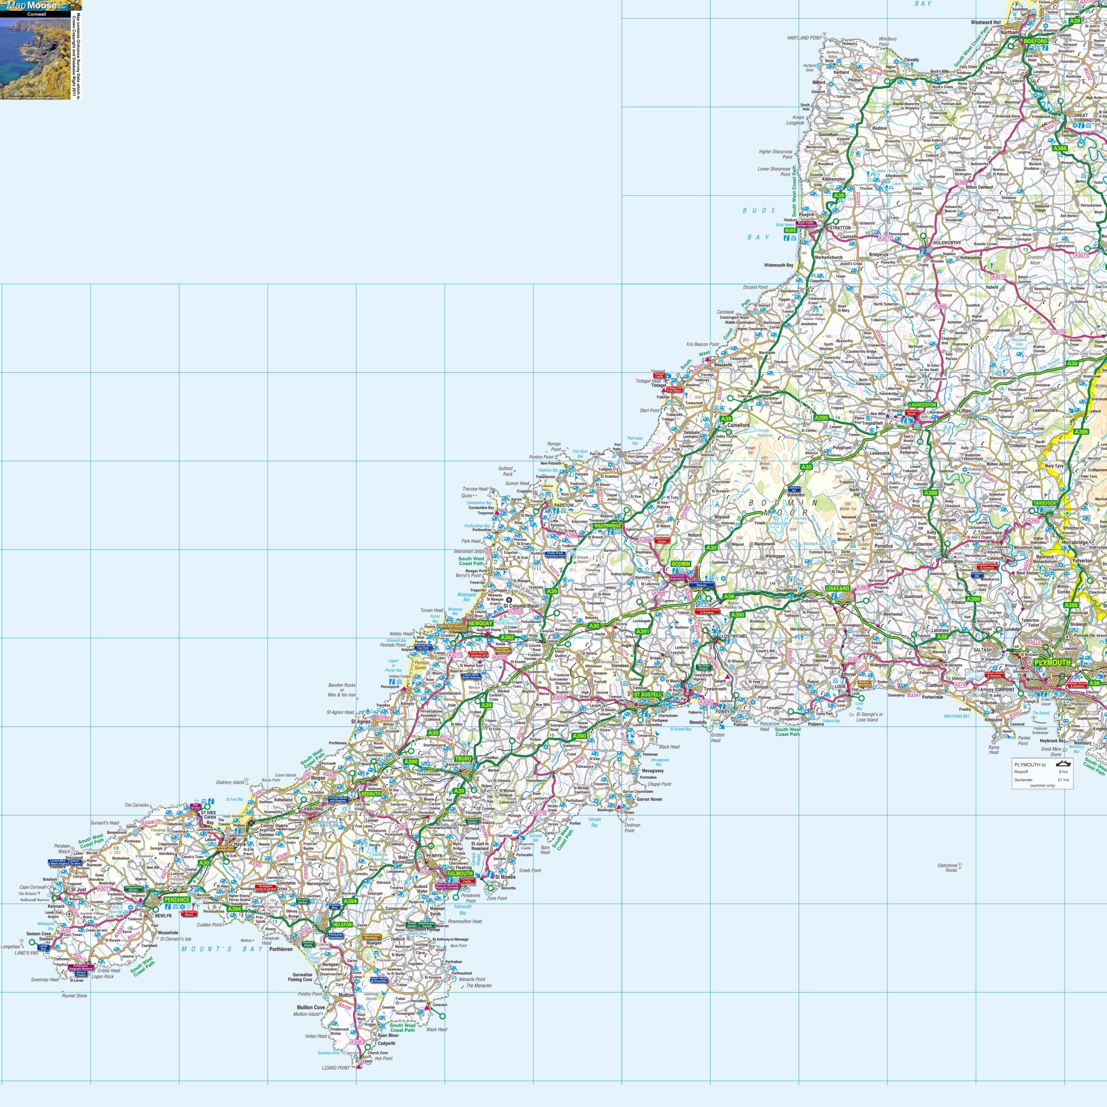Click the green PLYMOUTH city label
(1053, 662)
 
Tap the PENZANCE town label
(176, 899)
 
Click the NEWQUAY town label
(480, 624)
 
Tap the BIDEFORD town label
(1035, 41)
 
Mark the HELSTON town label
(342, 925)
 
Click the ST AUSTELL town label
(647, 694)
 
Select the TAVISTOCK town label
(1045, 503)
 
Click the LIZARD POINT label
(336, 1068)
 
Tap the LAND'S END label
(26, 953)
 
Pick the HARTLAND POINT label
(804, 38)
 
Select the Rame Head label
(994, 749)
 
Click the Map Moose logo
(32, 6)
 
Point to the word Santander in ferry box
(1024, 780)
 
